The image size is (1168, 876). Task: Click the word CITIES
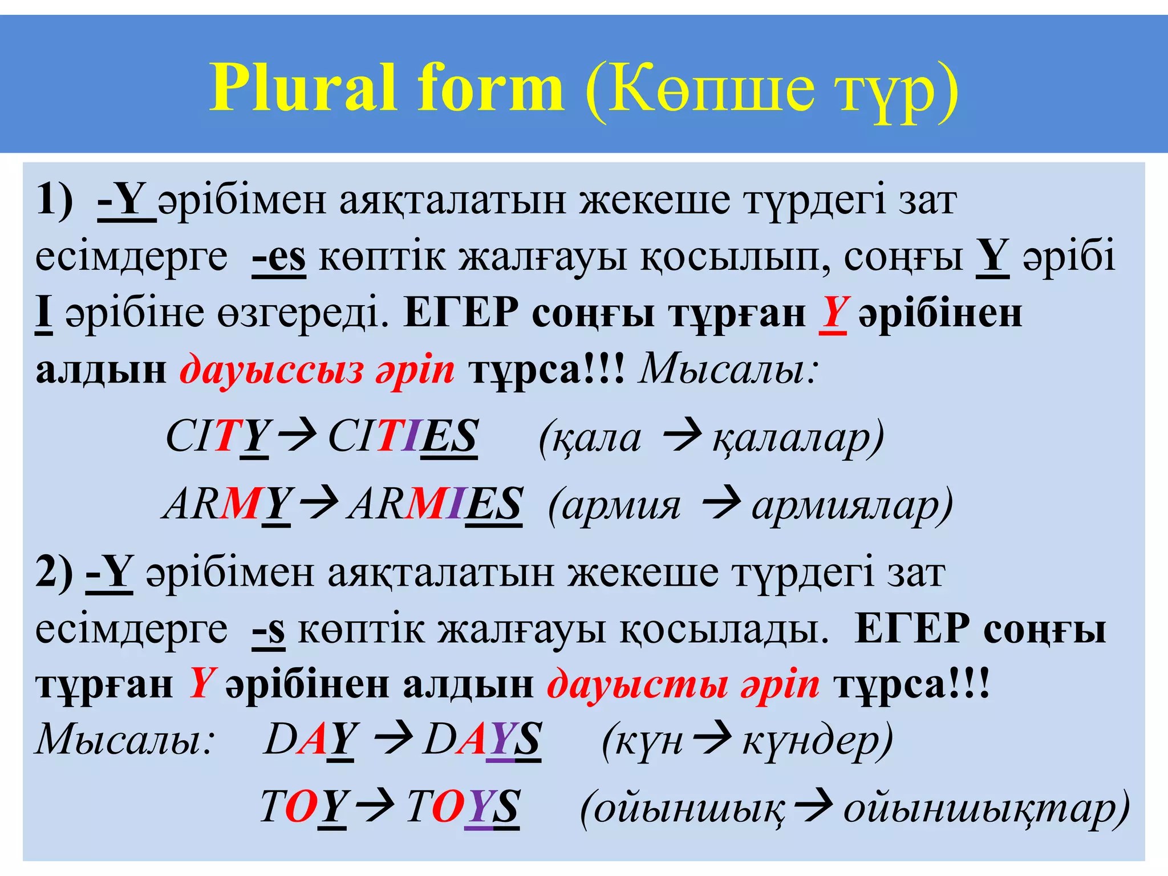[x=403, y=437]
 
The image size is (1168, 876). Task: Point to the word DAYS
[x=482, y=740]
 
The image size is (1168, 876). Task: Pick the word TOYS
[x=463, y=807]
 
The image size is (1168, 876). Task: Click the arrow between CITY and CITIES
[x=297, y=435]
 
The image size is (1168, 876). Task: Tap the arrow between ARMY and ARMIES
[x=319, y=502]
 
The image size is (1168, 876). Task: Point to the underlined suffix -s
[x=269, y=631]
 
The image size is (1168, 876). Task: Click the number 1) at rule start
[x=55, y=200]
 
